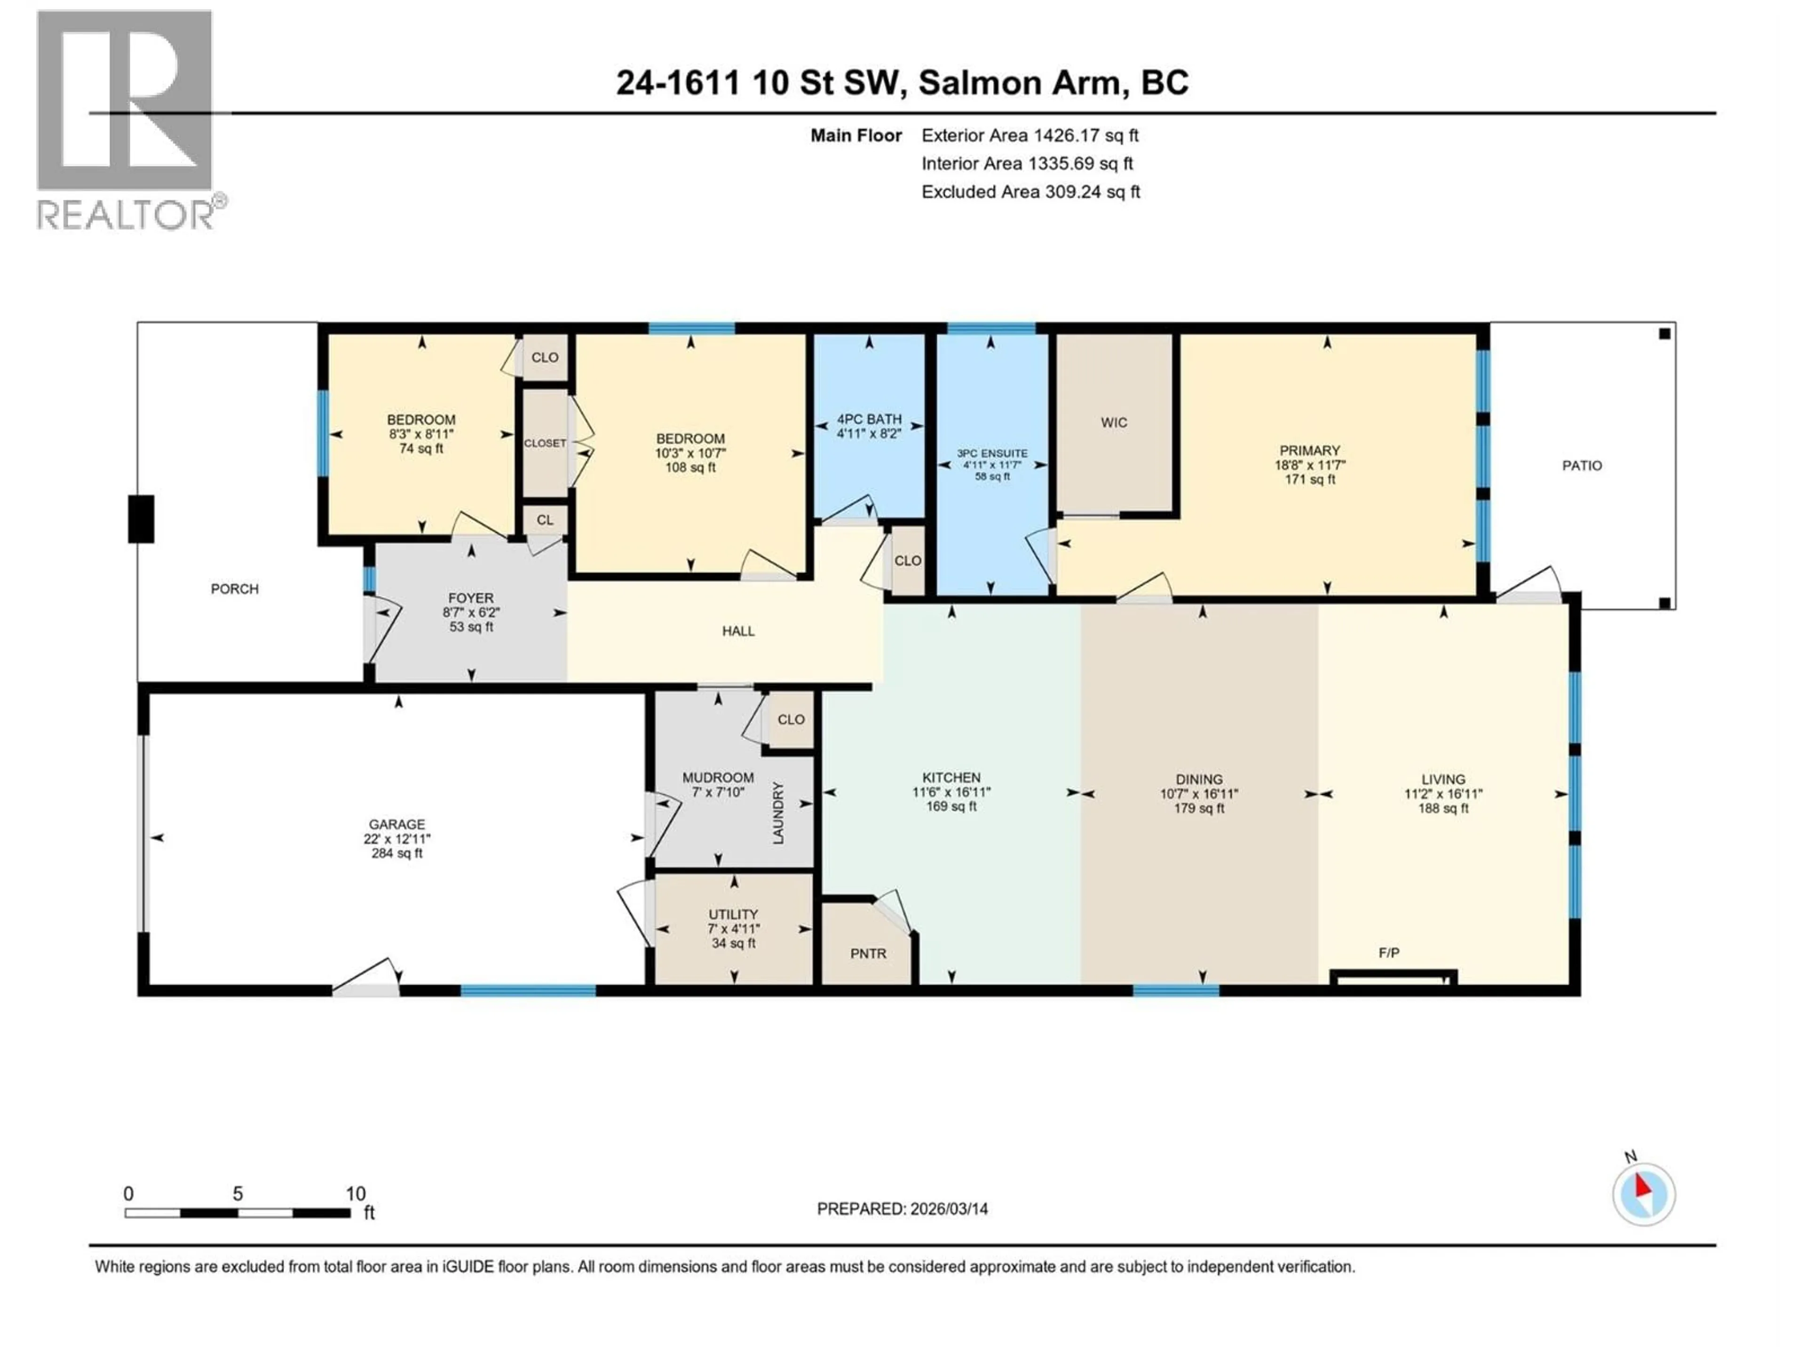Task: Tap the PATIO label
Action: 1582,466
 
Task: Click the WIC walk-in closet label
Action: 1114,422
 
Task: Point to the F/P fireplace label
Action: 1389,952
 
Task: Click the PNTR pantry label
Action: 868,953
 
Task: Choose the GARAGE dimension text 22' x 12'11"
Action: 397,839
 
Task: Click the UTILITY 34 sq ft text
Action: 733,943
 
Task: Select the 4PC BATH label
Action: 869,419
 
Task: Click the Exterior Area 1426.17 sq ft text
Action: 1030,135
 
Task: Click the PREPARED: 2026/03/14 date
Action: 902,1209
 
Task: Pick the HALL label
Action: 738,630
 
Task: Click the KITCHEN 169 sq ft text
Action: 951,806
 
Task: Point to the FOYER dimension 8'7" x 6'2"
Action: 471,613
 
